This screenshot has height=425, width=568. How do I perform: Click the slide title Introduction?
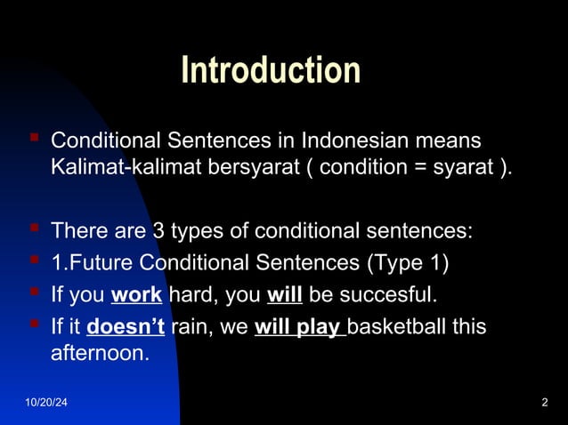(x=271, y=71)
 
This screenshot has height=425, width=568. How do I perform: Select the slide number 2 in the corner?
(x=544, y=405)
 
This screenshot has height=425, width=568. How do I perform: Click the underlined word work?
(x=136, y=294)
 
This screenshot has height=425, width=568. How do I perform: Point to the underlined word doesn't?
(x=126, y=326)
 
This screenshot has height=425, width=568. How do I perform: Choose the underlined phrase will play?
(x=298, y=326)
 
